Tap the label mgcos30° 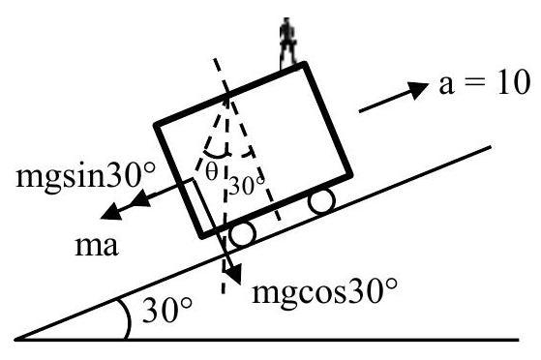coord(324,292)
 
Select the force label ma coord(97,246)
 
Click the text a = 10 coord(484,82)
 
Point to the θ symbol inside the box coord(212,171)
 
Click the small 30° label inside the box coord(247,186)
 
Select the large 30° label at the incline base coord(167,310)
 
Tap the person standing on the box coord(287,42)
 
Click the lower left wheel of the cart coord(243,233)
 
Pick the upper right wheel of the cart coord(321,200)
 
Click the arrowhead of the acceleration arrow coord(418,90)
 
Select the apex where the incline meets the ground coord(15,340)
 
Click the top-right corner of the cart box coord(304,65)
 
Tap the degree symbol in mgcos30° coord(392,284)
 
